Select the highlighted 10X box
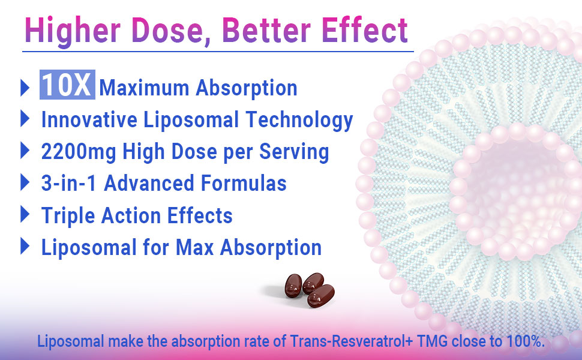tap(67, 87)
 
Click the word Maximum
tap(145, 88)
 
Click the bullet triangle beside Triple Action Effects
tap(25, 214)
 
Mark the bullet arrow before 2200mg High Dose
tap(25, 150)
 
